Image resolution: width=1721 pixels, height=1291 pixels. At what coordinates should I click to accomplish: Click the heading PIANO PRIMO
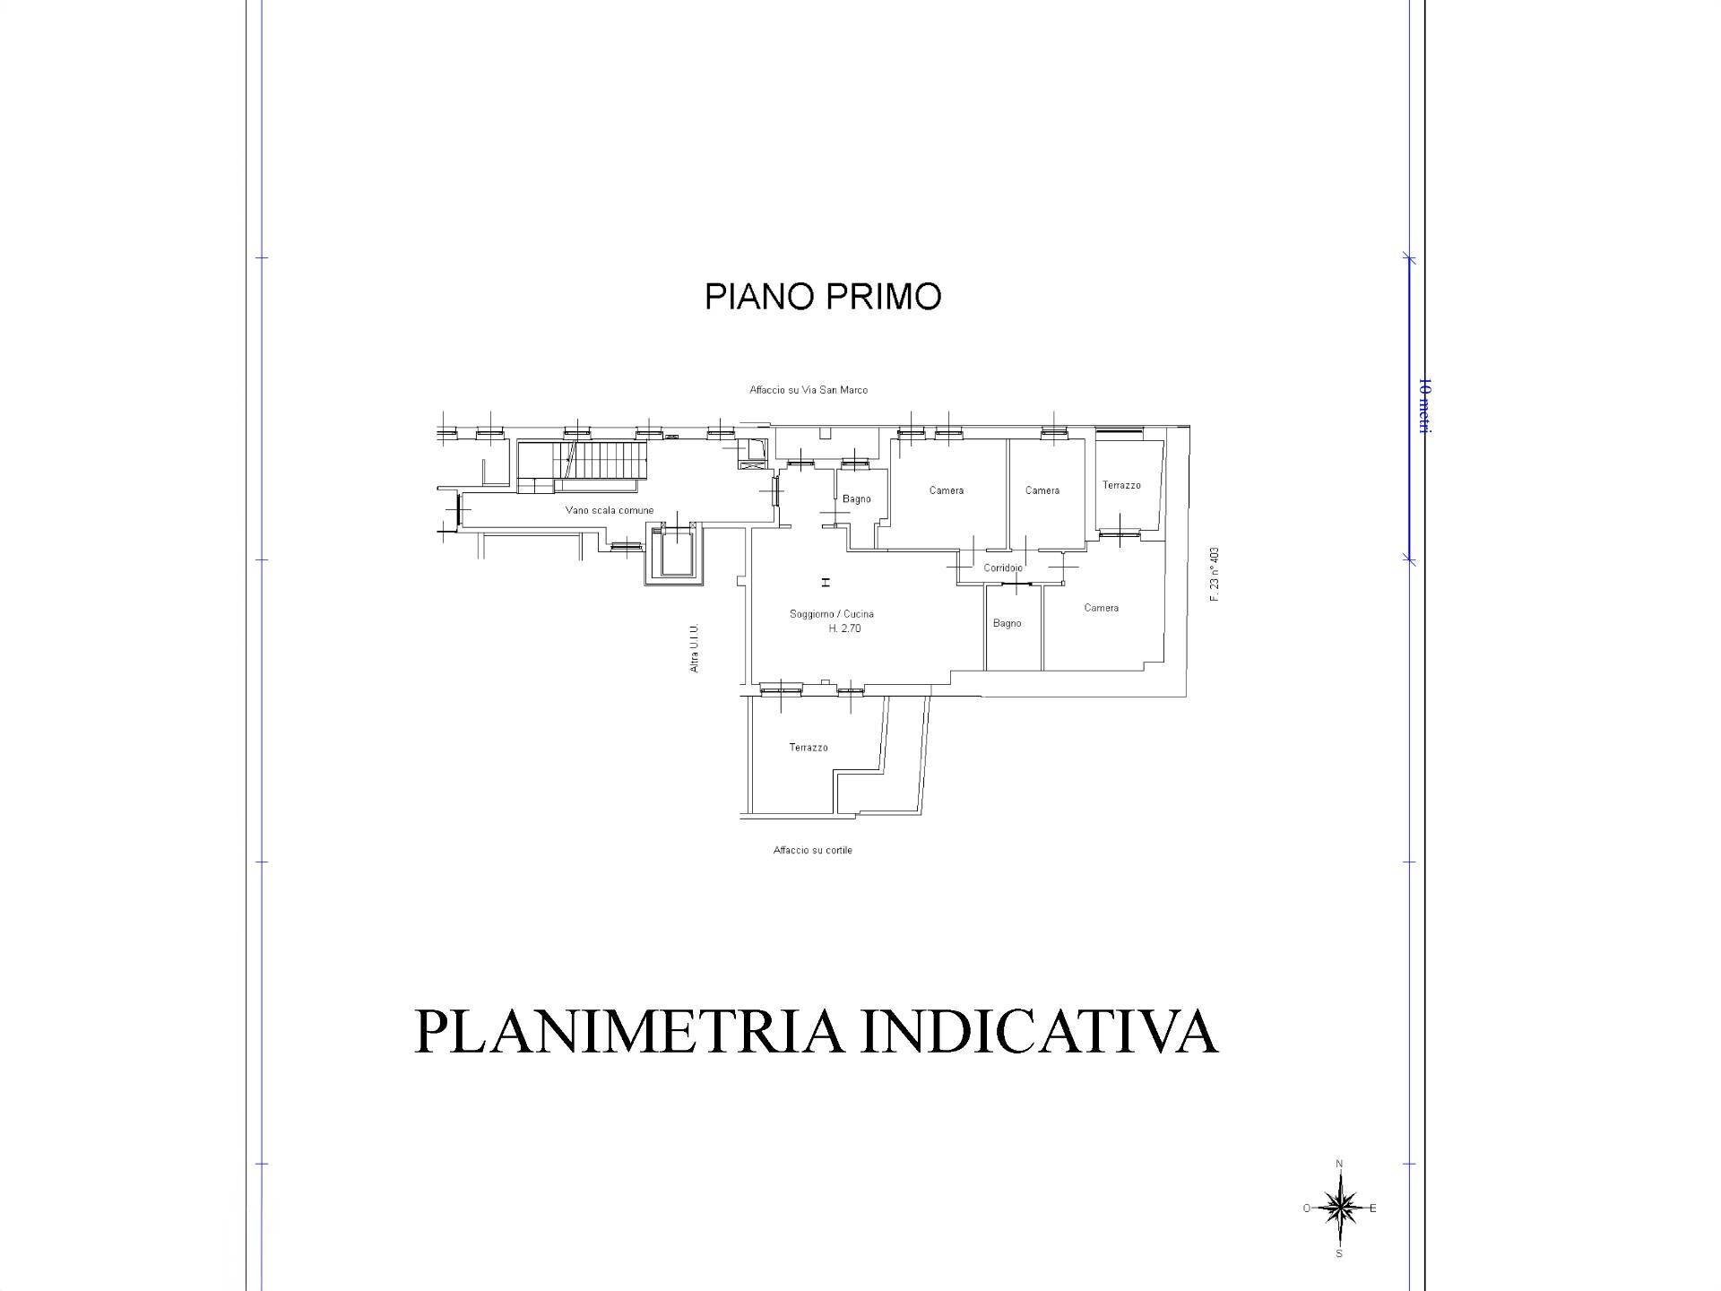click(x=822, y=297)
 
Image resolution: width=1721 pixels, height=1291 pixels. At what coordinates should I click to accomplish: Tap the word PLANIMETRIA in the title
click(x=628, y=1032)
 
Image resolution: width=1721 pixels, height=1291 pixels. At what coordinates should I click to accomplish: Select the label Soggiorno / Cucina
click(x=831, y=614)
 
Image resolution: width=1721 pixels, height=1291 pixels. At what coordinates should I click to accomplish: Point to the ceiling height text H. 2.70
click(x=843, y=628)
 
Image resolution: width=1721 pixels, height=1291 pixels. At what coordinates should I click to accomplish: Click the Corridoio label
click(x=1002, y=568)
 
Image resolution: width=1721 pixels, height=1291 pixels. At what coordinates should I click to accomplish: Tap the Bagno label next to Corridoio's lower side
click(x=1007, y=623)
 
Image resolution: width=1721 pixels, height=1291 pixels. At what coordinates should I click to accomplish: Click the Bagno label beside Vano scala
click(x=856, y=499)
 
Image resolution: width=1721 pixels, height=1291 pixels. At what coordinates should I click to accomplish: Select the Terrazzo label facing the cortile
click(x=808, y=747)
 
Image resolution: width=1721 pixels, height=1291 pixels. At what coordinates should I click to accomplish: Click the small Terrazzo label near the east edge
click(x=1121, y=485)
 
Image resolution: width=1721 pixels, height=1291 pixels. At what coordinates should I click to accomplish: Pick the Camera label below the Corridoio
click(x=1101, y=608)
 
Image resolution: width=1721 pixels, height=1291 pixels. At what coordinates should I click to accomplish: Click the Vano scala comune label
click(x=609, y=510)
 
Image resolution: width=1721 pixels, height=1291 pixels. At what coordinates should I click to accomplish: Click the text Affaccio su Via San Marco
click(x=808, y=390)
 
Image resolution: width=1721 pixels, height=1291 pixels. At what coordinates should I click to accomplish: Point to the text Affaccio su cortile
click(x=812, y=850)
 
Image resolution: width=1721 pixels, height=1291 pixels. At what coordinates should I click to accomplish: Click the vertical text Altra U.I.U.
click(x=695, y=648)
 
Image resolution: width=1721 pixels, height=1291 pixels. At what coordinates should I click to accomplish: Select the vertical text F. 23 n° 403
click(x=1215, y=574)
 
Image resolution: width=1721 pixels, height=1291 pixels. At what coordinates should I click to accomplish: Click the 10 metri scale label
click(x=1423, y=408)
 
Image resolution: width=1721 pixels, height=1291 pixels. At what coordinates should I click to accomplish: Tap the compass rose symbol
click(x=1339, y=1209)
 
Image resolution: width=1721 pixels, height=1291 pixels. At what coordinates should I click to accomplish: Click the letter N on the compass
click(x=1339, y=1165)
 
